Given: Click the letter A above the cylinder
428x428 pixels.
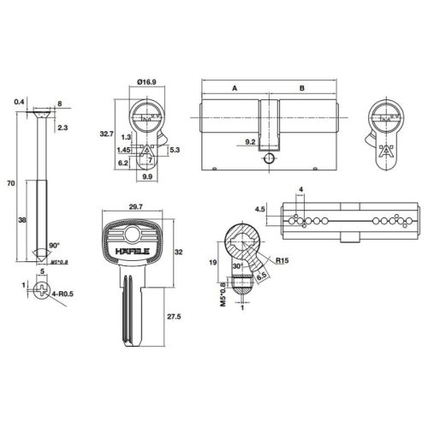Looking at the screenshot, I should (x=234, y=86).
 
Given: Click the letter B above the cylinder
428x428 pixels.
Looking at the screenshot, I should (x=301, y=86).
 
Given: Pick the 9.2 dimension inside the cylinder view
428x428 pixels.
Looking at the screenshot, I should (x=251, y=141).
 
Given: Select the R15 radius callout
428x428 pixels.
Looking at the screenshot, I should (x=281, y=261).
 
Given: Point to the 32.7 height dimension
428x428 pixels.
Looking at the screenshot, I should (x=105, y=134).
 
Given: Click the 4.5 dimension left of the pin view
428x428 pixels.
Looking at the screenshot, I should (x=259, y=207).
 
